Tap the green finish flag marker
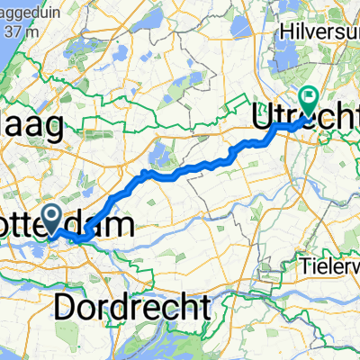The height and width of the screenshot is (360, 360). tap(310, 102)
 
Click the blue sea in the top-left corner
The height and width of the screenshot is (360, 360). tap(7, 54)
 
